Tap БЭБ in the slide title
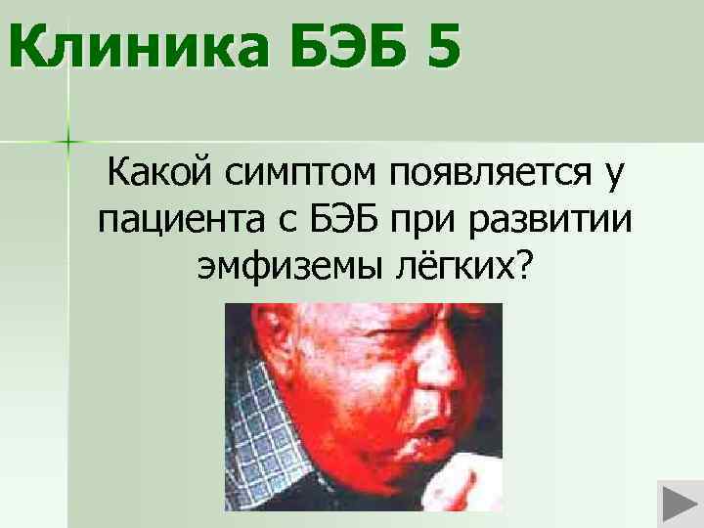pos(328,47)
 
